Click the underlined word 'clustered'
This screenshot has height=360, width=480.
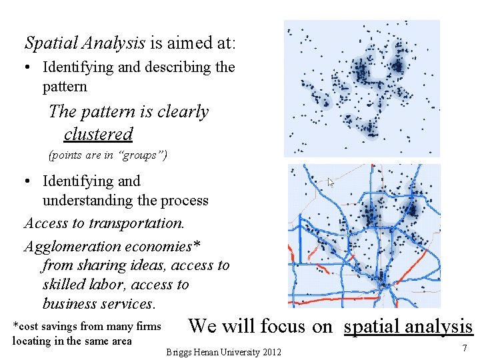pyautogui.click(x=99, y=134)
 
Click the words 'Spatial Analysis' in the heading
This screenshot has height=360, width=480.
pyautogui.click(x=85, y=43)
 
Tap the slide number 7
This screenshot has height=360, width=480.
pyautogui.click(x=464, y=349)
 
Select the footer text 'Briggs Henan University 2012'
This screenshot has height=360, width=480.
pyautogui.click(x=224, y=352)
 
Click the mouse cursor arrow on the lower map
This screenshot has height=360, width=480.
pyautogui.click(x=331, y=182)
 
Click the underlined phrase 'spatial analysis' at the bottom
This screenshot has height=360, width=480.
pyautogui.click(x=408, y=326)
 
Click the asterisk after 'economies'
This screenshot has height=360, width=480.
pyautogui.click(x=196, y=245)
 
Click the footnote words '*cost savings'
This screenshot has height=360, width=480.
pyautogui.click(x=43, y=326)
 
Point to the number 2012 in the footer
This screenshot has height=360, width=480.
pyautogui.click(x=270, y=352)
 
